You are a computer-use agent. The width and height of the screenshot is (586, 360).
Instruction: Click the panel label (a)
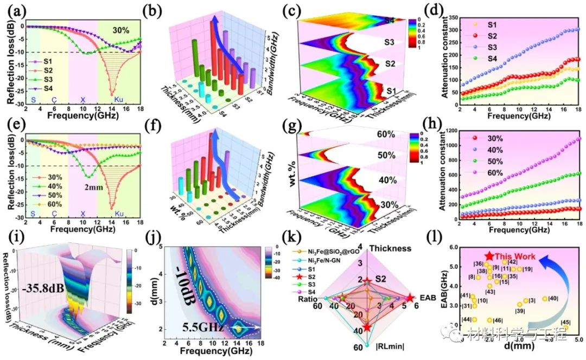click(12, 10)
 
